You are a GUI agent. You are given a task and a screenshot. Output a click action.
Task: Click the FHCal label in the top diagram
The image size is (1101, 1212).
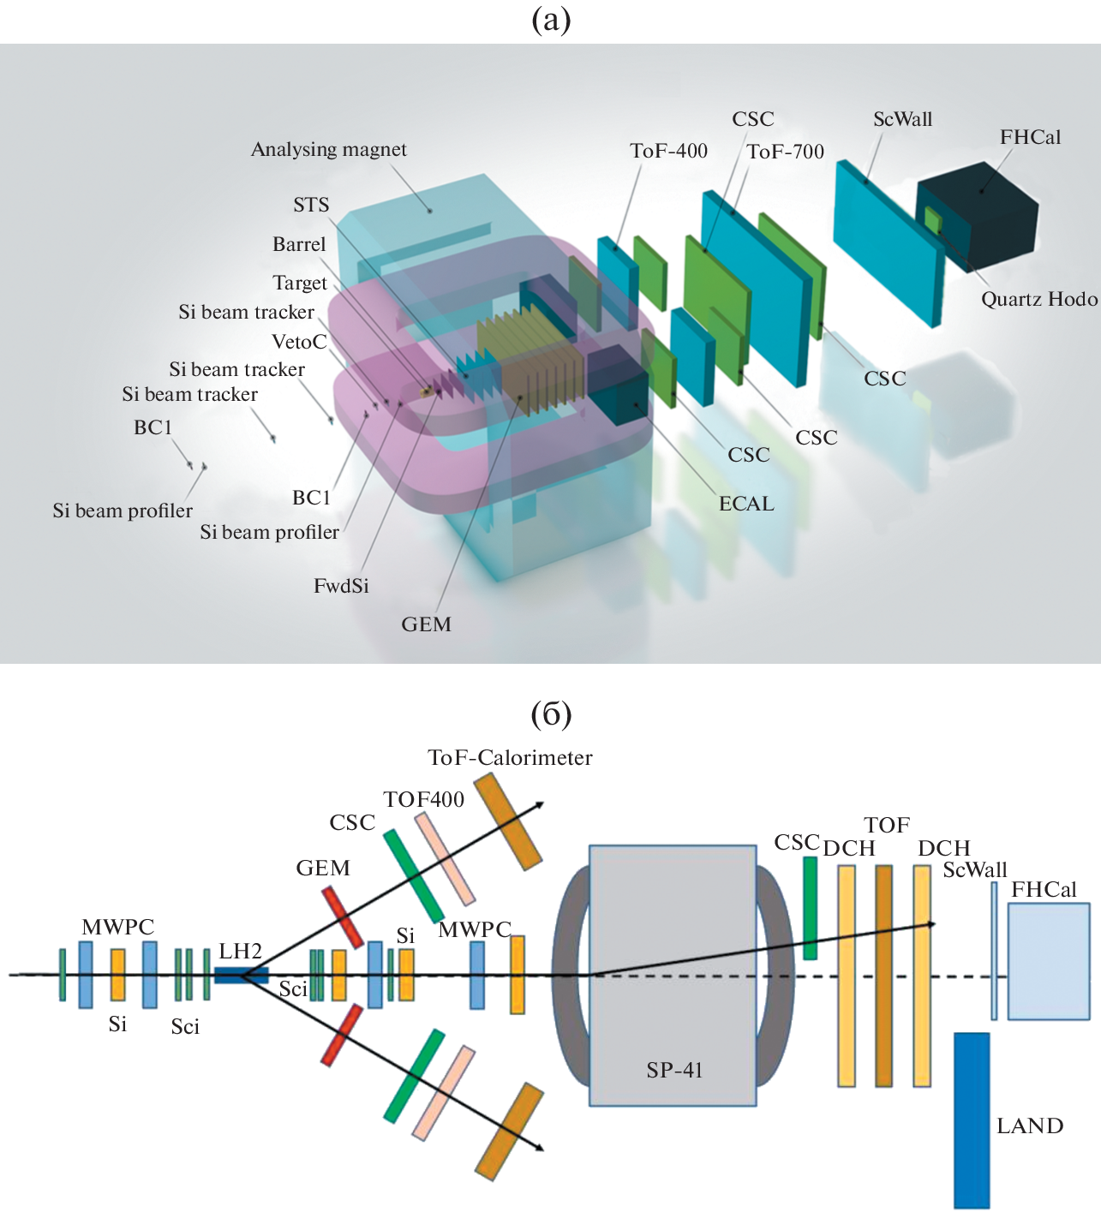pos(1030,137)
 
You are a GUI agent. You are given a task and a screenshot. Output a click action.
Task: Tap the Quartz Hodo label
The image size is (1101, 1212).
pos(1038,299)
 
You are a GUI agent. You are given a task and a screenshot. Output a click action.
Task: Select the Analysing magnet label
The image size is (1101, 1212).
pos(328,149)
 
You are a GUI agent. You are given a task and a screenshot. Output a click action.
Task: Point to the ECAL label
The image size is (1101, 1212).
pos(746,504)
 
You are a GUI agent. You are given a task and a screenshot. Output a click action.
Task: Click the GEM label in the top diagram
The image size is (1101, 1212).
pos(426,624)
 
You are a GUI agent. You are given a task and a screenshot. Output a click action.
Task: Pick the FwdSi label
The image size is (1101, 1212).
pos(341,586)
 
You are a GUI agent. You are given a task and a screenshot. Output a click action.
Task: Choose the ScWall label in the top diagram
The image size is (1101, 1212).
pos(902,119)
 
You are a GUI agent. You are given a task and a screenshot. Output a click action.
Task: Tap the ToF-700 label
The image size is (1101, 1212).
pos(785,152)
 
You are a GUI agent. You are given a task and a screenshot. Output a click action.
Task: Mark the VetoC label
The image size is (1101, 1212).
pos(299,342)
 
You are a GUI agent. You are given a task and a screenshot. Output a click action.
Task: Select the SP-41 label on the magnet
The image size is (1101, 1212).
pos(674,1070)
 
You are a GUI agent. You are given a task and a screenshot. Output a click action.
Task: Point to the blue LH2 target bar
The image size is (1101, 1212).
pos(241,975)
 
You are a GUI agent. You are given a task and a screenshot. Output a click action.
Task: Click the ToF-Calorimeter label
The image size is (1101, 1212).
pos(510,757)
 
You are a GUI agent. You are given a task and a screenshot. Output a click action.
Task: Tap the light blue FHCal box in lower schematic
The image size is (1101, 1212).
pos(1048,961)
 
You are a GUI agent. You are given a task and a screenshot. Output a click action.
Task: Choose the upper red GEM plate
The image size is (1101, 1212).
pos(342,917)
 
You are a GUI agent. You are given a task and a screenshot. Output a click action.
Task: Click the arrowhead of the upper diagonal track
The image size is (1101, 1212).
pos(539,804)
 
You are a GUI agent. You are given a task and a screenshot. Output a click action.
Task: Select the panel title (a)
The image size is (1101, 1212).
pos(551,19)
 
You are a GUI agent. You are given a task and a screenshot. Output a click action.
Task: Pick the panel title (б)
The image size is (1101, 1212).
pos(551,713)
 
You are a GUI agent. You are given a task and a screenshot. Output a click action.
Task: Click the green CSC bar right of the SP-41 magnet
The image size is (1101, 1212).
pos(810,908)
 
